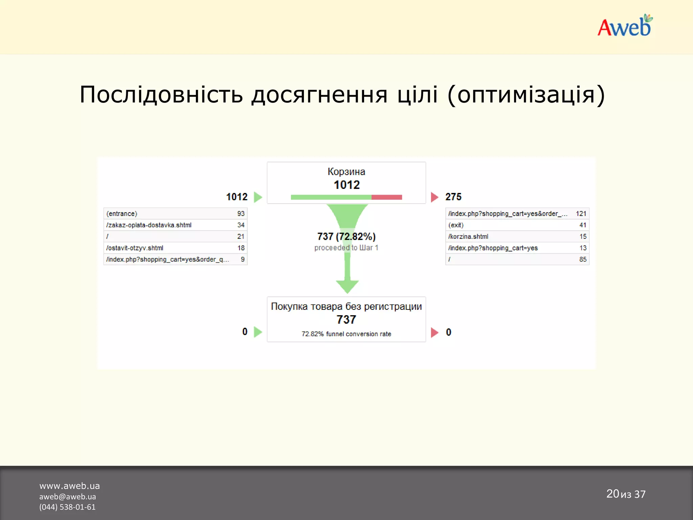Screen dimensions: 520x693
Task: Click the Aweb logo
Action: [625, 26]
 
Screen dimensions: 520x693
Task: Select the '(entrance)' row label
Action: [122, 214]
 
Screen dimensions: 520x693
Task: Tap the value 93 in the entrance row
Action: [241, 214]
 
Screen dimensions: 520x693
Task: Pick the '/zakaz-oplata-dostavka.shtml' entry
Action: [149, 225]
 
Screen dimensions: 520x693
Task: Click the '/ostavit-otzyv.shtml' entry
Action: [135, 248]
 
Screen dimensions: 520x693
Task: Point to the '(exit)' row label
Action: [456, 225]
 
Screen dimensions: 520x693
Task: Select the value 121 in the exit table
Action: [581, 214]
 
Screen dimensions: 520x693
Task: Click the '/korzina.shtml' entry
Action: [468, 237]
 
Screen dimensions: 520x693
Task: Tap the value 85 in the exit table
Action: [583, 259]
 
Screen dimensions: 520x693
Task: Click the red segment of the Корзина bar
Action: [387, 197]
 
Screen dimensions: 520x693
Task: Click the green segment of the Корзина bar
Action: [331, 197]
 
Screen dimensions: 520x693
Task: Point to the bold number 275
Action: [453, 197]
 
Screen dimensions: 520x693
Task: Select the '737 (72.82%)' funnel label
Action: [346, 236]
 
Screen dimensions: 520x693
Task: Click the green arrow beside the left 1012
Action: [258, 197]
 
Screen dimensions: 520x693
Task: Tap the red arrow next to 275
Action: [434, 197]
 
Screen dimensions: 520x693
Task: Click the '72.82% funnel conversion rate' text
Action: [346, 334]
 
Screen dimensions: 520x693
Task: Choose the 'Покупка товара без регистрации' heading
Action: [346, 306]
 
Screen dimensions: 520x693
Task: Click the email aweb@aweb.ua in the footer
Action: [68, 497]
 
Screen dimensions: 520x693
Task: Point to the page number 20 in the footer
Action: [612, 494]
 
